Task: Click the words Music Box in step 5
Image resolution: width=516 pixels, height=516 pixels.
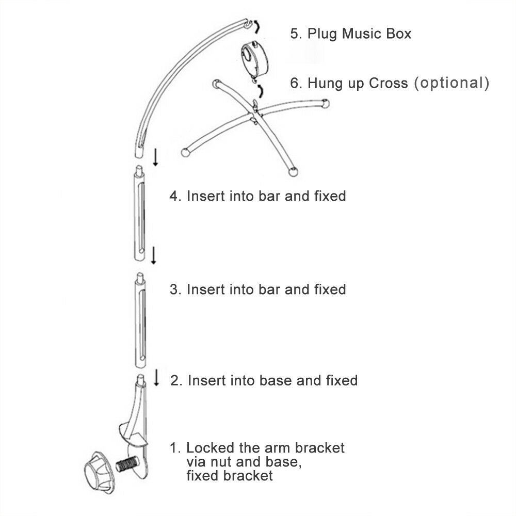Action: coord(377,34)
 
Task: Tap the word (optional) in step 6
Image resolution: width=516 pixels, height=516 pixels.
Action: coord(451,83)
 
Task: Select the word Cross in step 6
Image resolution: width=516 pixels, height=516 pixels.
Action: coord(388,83)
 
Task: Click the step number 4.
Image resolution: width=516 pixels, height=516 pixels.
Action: coord(175,196)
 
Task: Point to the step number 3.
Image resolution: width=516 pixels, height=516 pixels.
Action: coord(175,289)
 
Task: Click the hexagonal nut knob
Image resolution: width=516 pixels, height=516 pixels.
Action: coord(99,473)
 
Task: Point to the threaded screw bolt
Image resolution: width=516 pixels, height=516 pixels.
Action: coord(127,465)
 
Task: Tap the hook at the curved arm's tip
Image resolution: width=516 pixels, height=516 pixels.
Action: coord(249,24)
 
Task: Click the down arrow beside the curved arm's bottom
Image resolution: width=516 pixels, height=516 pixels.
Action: coord(156,157)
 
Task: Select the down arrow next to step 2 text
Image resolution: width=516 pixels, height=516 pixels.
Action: coord(157,378)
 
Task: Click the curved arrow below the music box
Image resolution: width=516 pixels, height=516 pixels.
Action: coord(260,91)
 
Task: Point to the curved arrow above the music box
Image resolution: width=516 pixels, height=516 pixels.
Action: coord(257,26)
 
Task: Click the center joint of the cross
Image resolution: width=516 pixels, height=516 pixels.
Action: coord(254,114)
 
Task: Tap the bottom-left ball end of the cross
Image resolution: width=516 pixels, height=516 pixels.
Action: coord(185,152)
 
